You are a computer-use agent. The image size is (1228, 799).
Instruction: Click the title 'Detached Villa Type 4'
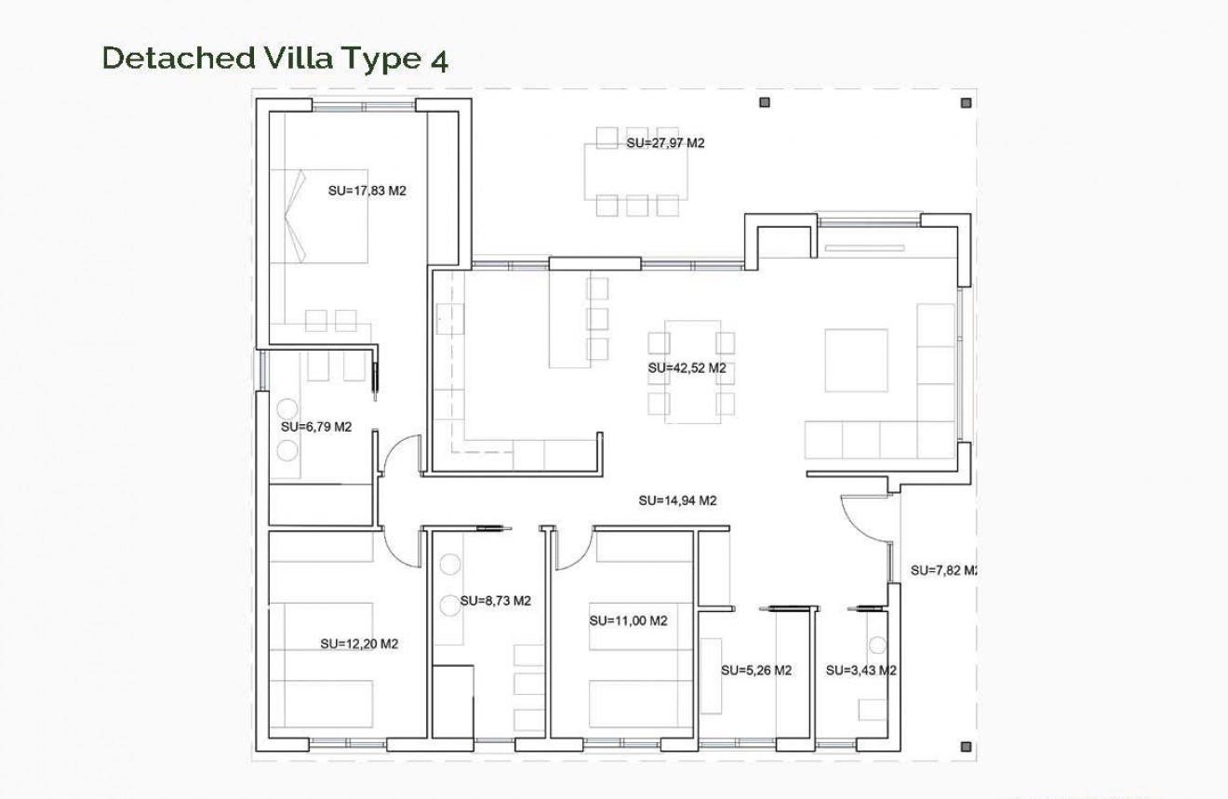click(275, 58)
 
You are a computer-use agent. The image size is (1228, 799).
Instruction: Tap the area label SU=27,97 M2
click(665, 143)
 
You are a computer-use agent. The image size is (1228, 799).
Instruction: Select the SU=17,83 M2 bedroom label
click(367, 191)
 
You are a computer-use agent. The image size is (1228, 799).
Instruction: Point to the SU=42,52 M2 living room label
click(687, 368)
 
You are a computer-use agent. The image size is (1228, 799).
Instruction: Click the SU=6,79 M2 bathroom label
click(316, 427)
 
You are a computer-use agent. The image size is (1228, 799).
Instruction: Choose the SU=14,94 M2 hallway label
click(677, 500)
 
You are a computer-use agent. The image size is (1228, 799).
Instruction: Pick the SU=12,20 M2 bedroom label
click(359, 644)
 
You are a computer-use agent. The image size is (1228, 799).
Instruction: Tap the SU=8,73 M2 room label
click(495, 601)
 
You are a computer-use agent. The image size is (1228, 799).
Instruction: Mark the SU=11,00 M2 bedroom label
click(628, 620)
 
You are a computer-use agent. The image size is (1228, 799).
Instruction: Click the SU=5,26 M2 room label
click(756, 671)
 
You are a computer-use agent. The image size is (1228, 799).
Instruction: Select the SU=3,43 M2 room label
click(861, 671)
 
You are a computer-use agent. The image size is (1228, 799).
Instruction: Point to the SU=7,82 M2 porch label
click(942, 570)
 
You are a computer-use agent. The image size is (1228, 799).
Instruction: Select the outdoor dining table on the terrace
click(636, 172)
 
